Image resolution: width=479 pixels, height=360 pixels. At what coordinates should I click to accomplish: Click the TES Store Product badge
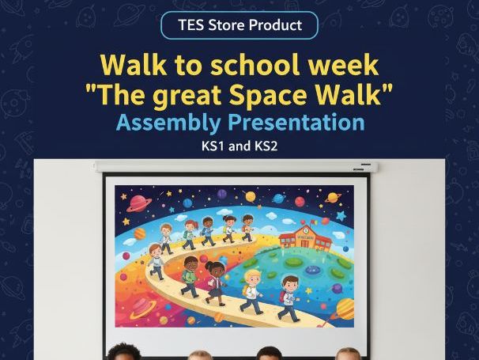coord(239,25)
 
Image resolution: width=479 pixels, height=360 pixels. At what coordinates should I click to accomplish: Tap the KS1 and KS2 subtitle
coord(239,146)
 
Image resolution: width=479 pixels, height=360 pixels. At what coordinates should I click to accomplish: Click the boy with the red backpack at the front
coord(289,297)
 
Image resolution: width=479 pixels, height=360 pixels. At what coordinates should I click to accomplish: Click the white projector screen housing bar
coord(235,167)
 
